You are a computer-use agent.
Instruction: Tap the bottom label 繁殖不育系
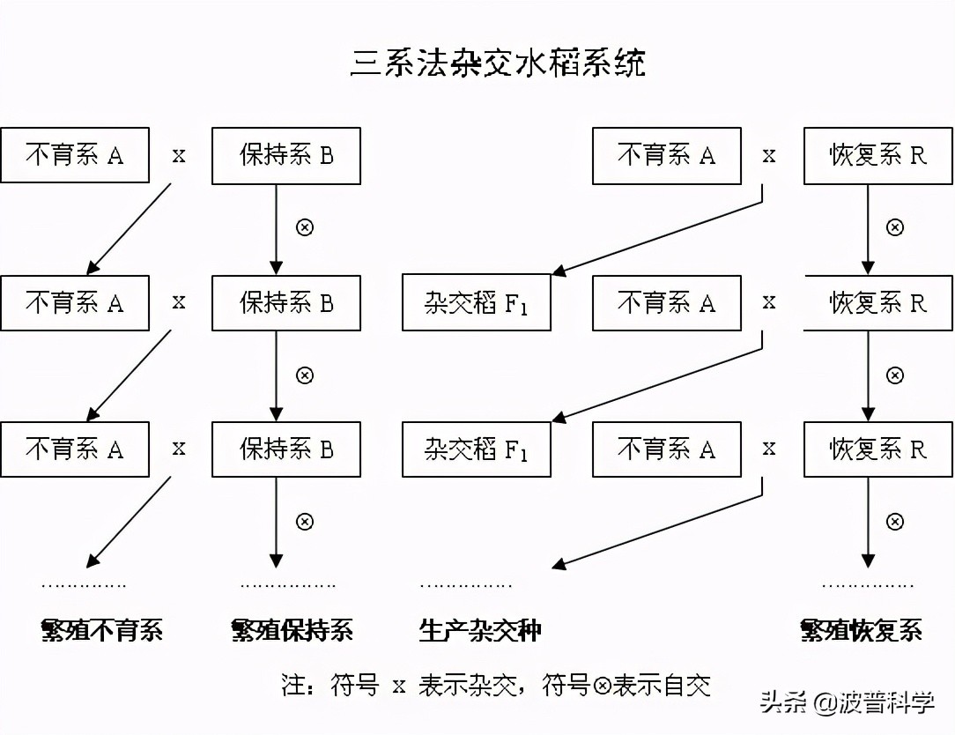(102, 630)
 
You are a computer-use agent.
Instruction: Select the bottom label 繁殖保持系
(292, 630)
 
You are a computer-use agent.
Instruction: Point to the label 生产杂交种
(480, 630)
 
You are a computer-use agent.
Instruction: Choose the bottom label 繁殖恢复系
(861, 630)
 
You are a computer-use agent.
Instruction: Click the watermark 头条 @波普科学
(847, 703)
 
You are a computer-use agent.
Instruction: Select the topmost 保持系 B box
(286, 156)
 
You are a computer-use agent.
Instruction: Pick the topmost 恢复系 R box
(878, 156)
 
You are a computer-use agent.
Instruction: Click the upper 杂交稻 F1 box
(477, 303)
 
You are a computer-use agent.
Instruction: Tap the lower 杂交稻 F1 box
(477, 449)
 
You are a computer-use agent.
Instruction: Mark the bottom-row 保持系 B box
(286, 449)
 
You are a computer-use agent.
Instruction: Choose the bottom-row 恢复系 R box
(878, 449)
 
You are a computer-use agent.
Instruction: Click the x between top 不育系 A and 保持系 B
(179, 156)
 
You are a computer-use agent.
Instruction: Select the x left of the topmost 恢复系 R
(769, 156)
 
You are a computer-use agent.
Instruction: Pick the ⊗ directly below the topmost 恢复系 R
(894, 227)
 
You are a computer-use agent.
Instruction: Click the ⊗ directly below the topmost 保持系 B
(304, 227)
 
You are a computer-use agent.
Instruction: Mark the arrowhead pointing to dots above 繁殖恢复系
(868, 561)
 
